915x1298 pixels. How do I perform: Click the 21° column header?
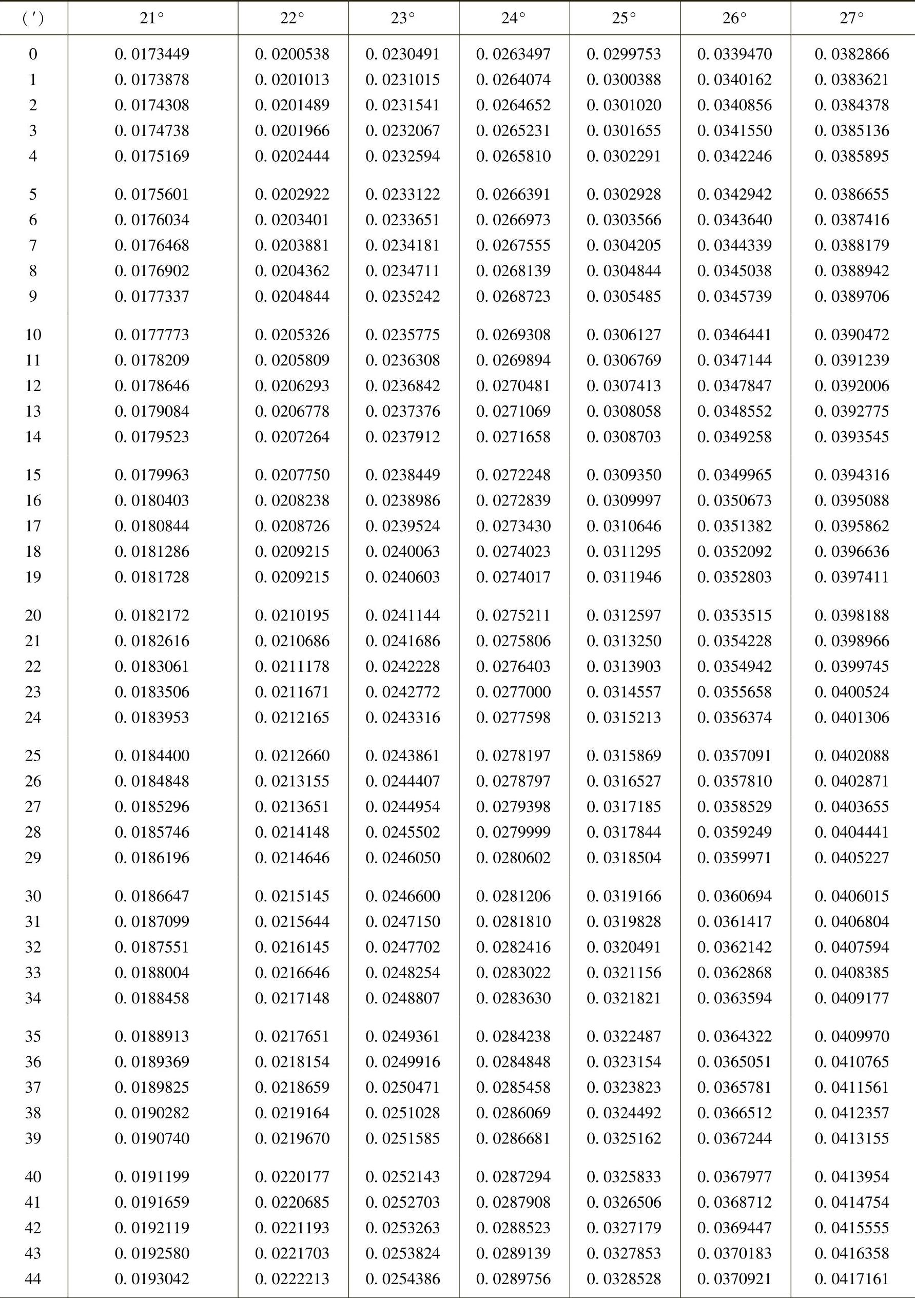pos(152,18)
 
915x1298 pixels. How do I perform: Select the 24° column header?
pos(514,18)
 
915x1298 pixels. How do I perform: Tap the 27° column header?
pos(852,18)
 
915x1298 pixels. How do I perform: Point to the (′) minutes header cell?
pos(33,18)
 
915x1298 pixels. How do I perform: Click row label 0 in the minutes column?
pos(33,54)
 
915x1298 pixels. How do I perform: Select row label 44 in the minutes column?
pos(33,1279)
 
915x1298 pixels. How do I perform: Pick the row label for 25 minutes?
pos(33,756)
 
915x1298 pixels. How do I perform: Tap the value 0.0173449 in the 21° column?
pos(152,54)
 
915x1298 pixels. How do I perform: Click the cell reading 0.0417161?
pos(852,1279)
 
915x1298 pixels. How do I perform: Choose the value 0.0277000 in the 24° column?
pos(514,692)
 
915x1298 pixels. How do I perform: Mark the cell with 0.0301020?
pos(624,105)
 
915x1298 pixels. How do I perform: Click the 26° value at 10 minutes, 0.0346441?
pos(735,335)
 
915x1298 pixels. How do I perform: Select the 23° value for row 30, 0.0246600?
pos(403,896)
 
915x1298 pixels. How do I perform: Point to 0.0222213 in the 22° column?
pos(292,1279)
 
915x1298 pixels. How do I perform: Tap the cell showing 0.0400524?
pos(852,692)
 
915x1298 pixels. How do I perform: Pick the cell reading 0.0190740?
pos(152,1138)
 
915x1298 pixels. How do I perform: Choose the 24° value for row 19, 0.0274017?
pos(514,577)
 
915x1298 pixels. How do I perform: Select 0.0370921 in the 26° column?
pos(735,1279)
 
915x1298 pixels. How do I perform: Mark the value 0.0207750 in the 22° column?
pos(292,475)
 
